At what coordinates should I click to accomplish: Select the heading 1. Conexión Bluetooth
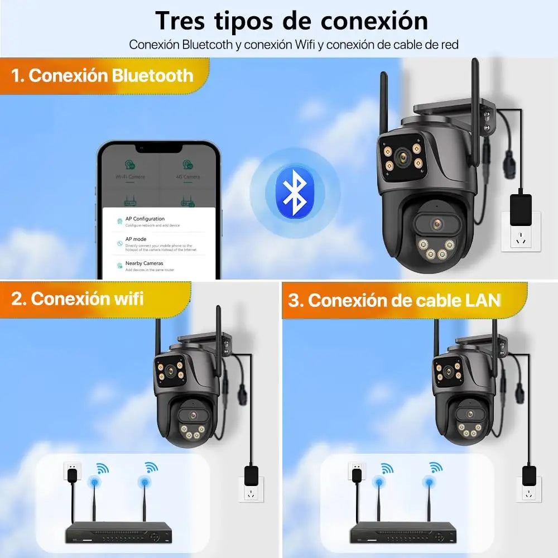(103, 75)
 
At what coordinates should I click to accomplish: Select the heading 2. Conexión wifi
(78, 299)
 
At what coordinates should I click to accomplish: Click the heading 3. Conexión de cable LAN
(393, 300)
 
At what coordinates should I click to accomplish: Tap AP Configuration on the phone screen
(145, 219)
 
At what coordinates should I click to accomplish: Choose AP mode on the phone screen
(136, 239)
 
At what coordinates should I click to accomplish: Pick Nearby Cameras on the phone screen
(144, 263)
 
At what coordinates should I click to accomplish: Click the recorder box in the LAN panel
(402, 534)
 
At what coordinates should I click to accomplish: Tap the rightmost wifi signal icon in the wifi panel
(151, 468)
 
